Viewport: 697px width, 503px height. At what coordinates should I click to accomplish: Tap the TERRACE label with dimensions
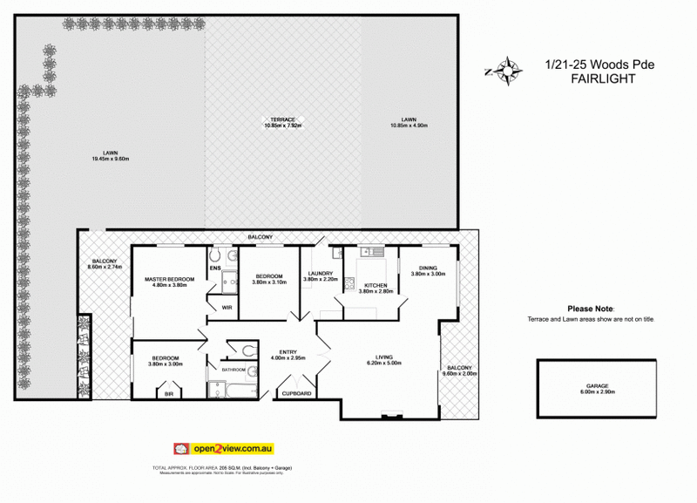click(x=282, y=122)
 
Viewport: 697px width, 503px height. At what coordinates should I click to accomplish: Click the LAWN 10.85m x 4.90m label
click(x=409, y=122)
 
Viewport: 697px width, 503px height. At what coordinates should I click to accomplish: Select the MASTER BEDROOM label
click(x=169, y=282)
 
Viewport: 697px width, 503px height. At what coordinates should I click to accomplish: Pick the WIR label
click(x=226, y=306)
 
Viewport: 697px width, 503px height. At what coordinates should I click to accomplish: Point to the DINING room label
click(x=428, y=271)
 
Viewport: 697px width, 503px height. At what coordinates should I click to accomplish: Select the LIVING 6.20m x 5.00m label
click(x=383, y=360)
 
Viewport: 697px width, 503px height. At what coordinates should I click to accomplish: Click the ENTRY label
click(x=287, y=354)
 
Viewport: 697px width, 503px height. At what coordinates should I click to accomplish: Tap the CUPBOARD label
click(x=297, y=393)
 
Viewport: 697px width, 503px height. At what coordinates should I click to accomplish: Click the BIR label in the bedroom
click(x=170, y=393)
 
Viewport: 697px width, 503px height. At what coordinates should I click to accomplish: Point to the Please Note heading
click(x=591, y=309)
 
